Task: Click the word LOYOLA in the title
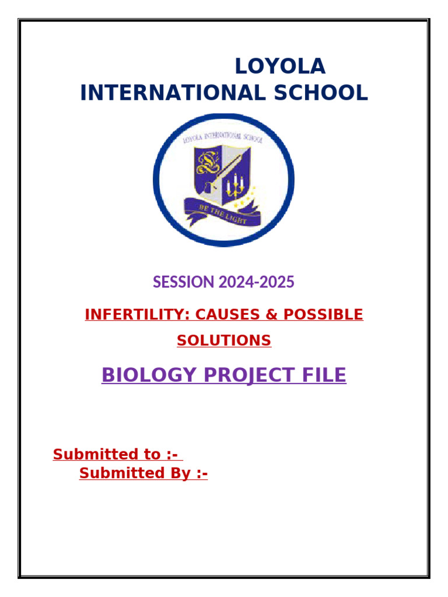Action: coord(280,66)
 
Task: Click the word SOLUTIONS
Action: coord(224,341)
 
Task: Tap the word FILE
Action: coord(323,375)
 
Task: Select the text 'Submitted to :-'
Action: coord(115,454)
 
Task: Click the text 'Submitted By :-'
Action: coord(143,473)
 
